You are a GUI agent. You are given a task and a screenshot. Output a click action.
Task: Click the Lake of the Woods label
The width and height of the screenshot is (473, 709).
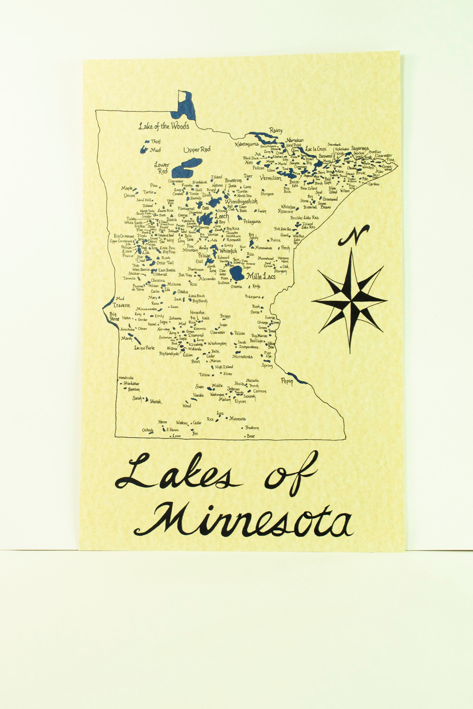click(x=164, y=126)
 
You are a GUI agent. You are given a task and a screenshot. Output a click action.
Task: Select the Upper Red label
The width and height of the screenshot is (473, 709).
click(x=197, y=150)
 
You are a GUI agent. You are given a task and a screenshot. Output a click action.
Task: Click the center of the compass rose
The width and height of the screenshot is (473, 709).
click(x=350, y=301)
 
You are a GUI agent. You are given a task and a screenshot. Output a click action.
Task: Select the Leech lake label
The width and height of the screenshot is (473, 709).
click(x=222, y=216)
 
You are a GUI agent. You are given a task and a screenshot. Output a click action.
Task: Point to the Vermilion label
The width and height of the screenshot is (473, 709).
click(x=271, y=178)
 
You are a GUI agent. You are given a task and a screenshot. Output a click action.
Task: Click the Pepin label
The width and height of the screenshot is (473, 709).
click(x=287, y=381)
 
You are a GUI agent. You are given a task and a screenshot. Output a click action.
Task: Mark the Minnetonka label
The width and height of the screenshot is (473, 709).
click(x=242, y=357)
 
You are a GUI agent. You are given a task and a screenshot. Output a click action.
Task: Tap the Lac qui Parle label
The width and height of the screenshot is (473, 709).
click(x=144, y=348)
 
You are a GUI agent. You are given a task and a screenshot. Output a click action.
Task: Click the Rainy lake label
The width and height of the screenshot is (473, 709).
click(x=276, y=130)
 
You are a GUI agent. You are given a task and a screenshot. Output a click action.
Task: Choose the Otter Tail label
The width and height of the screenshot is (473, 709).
click(x=165, y=263)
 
